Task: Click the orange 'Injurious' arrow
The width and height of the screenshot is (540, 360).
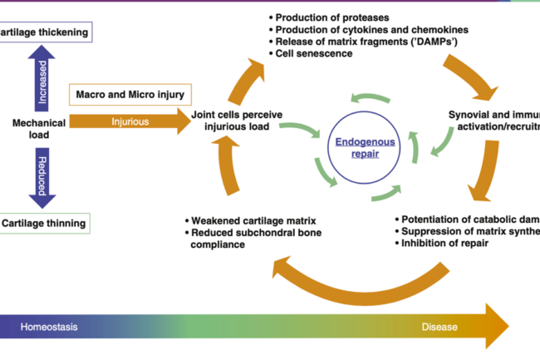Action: click(129, 121)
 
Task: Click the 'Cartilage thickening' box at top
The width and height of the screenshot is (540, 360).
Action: click(43, 32)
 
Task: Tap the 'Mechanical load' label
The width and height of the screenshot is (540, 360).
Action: click(38, 128)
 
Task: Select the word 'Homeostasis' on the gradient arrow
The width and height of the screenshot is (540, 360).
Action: click(49, 327)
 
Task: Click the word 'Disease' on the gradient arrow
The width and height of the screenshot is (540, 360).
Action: click(439, 327)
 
